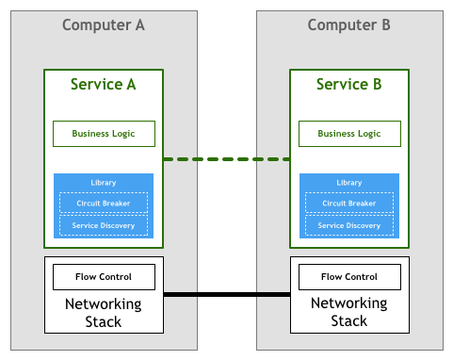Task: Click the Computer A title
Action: tap(104, 25)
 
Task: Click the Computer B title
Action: tap(348, 25)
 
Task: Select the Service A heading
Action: tap(104, 84)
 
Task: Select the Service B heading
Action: tap(348, 84)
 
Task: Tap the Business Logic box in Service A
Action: tap(104, 134)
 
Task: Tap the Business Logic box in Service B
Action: tap(349, 134)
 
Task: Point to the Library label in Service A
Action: tap(104, 183)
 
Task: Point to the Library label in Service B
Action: tap(349, 183)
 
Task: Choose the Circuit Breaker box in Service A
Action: tap(104, 203)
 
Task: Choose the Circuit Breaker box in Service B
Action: tap(349, 203)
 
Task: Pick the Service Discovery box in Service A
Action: tap(104, 225)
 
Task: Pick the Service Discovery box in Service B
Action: tap(349, 225)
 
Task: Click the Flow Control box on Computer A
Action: tap(104, 277)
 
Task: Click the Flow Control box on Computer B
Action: tap(349, 277)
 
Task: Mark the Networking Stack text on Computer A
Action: tap(104, 313)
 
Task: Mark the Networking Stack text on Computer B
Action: tap(349, 312)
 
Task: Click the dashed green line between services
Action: tap(226, 159)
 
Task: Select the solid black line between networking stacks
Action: tap(227, 294)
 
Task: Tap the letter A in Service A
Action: tap(131, 84)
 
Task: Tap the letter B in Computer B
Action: tap(386, 25)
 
